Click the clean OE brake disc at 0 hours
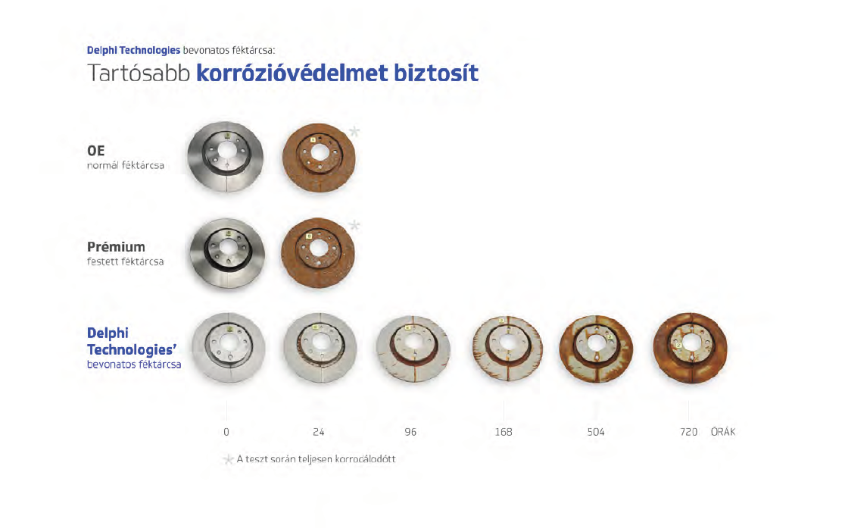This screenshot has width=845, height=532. (x=226, y=156)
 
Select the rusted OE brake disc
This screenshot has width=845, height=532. (x=319, y=158)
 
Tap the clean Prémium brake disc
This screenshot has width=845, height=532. (x=227, y=253)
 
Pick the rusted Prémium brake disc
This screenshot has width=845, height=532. (x=318, y=252)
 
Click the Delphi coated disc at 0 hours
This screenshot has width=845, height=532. (x=229, y=348)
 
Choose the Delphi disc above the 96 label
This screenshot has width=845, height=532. (x=413, y=349)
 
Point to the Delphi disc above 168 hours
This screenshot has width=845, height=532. (x=507, y=348)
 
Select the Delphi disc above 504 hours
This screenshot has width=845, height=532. (x=595, y=349)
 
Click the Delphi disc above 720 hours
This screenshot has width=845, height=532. (x=690, y=348)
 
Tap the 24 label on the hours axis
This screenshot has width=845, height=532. (x=319, y=432)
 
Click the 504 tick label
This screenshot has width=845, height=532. (x=595, y=432)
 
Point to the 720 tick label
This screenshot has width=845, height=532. (x=688, y=432)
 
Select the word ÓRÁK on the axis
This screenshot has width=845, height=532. (x=722, y=432)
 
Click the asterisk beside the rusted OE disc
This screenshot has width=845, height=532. (x=354, y=131)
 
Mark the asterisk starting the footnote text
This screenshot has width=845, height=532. (x=228, y=460)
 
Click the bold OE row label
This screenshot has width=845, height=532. (x=96, y=151)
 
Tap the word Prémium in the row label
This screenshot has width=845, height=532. (x=116, y=246)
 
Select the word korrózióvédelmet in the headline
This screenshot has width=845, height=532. (x=292, y=74)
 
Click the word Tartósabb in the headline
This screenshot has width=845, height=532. (x=139, y=74)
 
